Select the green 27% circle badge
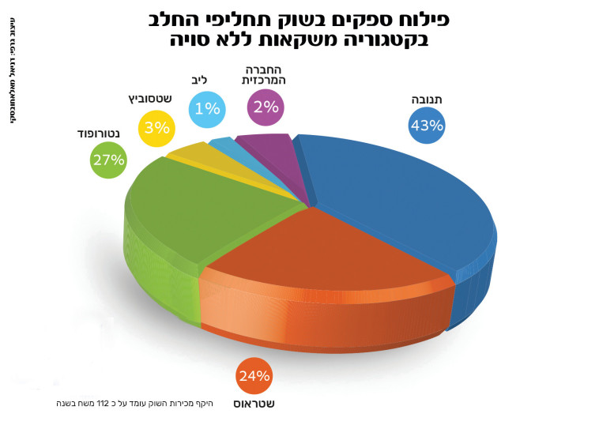108,160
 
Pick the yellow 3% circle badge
157,127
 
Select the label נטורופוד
100,133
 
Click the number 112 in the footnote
103,404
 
